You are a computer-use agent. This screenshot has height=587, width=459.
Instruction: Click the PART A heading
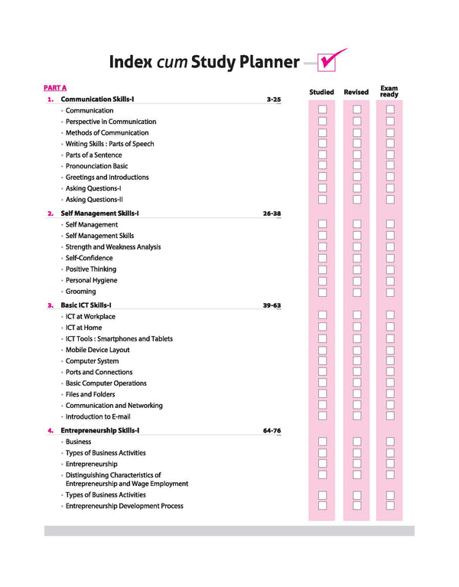(x=55, y=88)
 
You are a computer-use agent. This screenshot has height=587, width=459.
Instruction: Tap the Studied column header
(x=321, y=92)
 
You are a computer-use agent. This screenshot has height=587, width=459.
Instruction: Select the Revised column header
(x=356, y=92)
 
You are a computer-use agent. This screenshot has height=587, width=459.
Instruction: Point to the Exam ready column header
(x=389, y=91)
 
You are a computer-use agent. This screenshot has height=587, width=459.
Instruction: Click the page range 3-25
(x=274, y=99)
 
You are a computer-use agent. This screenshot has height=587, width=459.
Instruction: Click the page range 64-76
(x=272, y=431)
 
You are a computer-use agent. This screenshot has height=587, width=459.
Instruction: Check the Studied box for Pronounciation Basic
(x=323, y=166)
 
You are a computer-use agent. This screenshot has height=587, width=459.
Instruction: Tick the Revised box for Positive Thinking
(x=356, y=269)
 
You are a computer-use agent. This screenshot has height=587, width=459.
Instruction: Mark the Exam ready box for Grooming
(x=390, y=292)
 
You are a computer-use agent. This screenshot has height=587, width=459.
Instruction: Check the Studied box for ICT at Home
(x=323, y=328)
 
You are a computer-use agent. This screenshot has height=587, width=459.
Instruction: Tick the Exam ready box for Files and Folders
(x=390, y=394)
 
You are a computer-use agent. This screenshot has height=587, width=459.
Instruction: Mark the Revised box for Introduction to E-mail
(x=356, y=416)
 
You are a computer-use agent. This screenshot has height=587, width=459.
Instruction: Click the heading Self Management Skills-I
(x=99, y=214)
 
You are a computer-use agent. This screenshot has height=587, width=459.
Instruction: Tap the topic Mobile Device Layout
(x=97, y=350)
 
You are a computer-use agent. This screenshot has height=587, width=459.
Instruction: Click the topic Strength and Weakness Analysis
(x=112, y=247)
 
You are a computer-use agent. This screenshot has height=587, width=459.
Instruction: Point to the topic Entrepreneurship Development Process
(x=124, y=506)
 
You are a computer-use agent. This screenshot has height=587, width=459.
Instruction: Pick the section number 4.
(x=50, y=431)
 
